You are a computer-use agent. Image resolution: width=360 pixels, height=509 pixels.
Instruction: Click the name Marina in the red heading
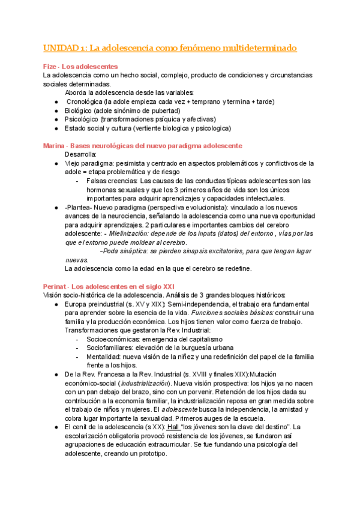point(53,146)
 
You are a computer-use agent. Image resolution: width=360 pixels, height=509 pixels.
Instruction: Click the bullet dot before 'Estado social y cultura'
point(56,128)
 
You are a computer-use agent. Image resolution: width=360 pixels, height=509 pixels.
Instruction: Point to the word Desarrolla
point(83,154)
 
